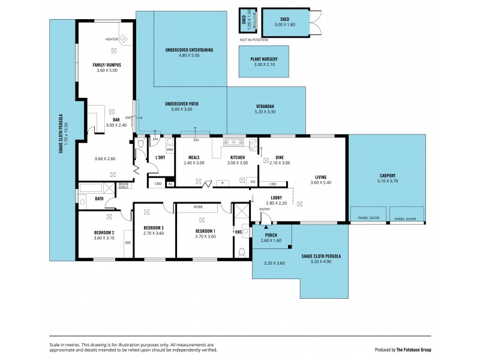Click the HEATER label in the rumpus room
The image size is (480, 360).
tap(112, 39)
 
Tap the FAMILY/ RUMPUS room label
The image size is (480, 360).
tap(107, 64)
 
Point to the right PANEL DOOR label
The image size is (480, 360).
tap(405, 219)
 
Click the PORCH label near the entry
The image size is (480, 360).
tap(271, 235)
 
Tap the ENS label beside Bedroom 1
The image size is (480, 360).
tap(238, 231)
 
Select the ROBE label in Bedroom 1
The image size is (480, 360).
tap(197, 206)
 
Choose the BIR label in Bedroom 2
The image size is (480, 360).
tap(128, 242)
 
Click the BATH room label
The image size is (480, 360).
tap(99, 199)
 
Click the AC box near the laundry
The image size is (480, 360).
tap(170, 184)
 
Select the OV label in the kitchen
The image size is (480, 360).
tap(252, 181)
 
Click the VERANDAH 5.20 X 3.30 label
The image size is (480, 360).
tap(264, 109)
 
